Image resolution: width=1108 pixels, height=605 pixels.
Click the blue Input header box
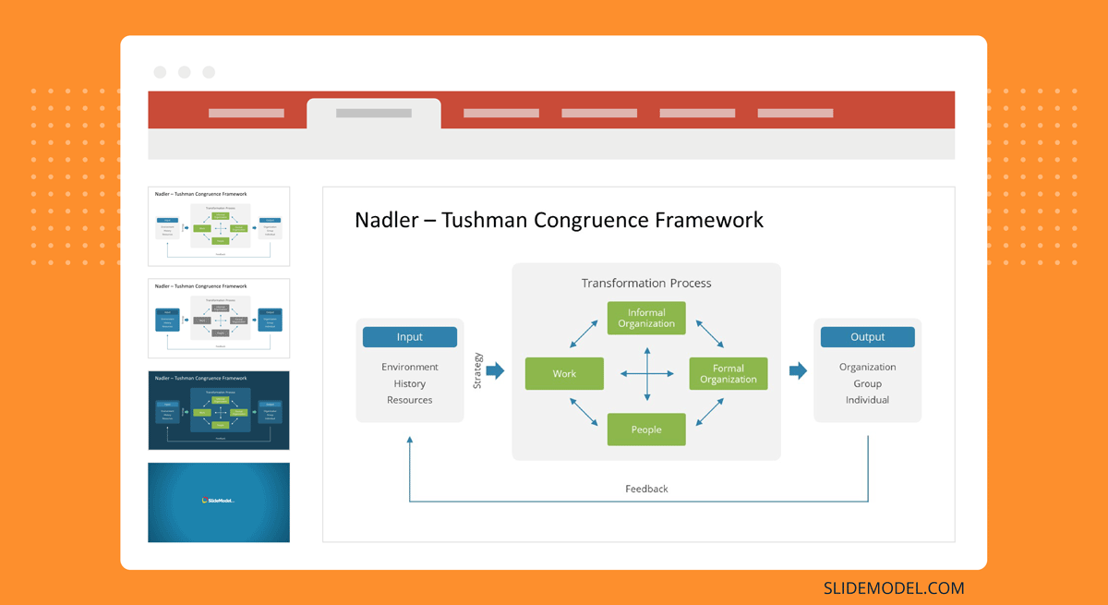[x=409, y=337]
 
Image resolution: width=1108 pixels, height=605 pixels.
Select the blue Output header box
[x=867, y=337]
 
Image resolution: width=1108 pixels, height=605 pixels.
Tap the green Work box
[x=564, y=373]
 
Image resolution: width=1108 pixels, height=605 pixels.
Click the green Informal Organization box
[x=646, y=318]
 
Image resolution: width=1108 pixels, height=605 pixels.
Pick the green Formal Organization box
[x=729, y=373]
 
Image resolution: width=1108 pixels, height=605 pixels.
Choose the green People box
[x=646, y=430]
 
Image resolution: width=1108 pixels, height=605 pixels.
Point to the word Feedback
[x=646, y=489]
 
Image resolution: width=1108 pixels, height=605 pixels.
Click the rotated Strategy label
[x=477, y=370]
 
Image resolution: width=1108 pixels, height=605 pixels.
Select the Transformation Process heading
[x=646, y=284]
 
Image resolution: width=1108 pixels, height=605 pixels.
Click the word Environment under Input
[x=410, y=367]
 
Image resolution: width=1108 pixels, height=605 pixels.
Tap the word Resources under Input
[x=410, y=400]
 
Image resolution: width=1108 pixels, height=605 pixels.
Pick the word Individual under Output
[x=867, y=400]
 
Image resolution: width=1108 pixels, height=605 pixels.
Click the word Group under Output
[x=867, y=383]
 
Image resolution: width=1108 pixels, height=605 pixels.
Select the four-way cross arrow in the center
[x=646, y=373]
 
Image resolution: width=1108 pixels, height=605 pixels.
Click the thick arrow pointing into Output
[x=798, y=370]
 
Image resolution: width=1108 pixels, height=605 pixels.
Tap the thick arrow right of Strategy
[x=495, y=370]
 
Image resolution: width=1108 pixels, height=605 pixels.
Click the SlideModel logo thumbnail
[x=219, y=502]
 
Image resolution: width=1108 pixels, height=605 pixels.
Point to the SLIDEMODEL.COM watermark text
[x=893, y=587]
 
